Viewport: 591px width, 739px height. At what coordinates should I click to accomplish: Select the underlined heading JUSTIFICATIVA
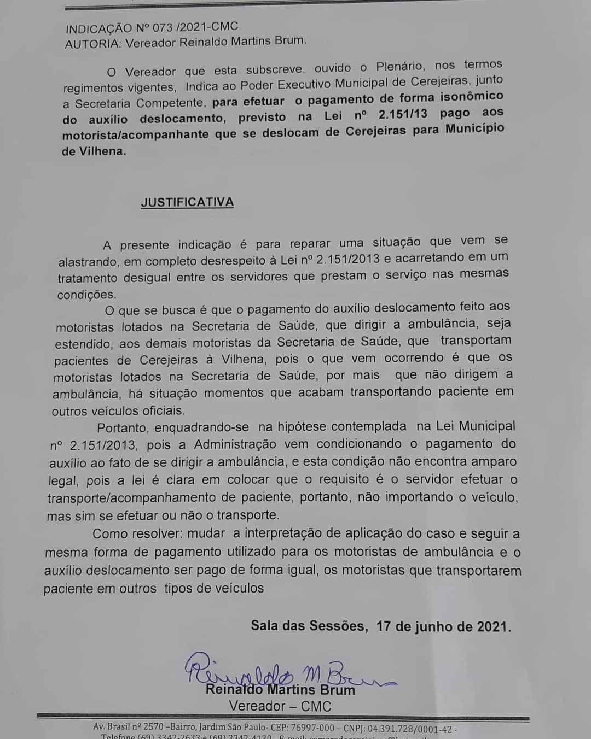(x=187, y=202)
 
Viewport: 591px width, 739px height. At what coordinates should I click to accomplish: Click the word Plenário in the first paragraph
(x=399, y=67)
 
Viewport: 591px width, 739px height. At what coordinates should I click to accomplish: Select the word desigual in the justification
(x=147, y=278)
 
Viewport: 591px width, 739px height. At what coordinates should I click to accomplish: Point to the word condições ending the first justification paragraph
(x=87, y=295)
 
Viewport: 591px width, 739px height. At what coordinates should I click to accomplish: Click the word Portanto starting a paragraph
(x=123, y=427)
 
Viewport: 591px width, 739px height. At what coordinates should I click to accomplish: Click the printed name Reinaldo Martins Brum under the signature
(x=280, y=690)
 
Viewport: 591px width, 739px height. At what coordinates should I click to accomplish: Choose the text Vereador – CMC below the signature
(x=280, y=706)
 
